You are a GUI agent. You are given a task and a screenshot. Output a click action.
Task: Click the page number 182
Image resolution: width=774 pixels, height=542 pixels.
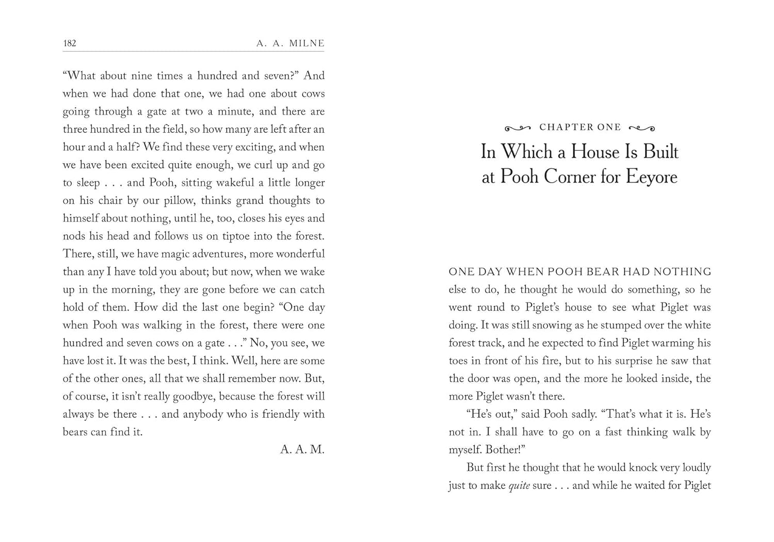pos(70,43)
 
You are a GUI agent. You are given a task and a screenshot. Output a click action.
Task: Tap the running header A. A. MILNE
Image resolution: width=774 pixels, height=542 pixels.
pos(291,43)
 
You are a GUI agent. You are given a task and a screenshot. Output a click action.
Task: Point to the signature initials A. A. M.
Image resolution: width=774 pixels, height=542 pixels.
pos(302,450)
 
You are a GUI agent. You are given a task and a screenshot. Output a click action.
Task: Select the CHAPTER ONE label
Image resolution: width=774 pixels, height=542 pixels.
pos(580,127)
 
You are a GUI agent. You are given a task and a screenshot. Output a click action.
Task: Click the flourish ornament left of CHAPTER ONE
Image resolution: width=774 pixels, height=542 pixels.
pos(518,128)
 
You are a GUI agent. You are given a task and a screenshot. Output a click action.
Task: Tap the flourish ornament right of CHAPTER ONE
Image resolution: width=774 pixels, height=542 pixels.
pos(642,128)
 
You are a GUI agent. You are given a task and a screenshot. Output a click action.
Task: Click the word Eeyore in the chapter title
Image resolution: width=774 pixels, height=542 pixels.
pos(652,177)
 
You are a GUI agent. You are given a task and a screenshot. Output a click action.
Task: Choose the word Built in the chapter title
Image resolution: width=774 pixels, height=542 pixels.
pos(661,152)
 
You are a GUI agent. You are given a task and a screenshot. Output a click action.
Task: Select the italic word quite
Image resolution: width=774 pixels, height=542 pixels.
pos(519,486)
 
